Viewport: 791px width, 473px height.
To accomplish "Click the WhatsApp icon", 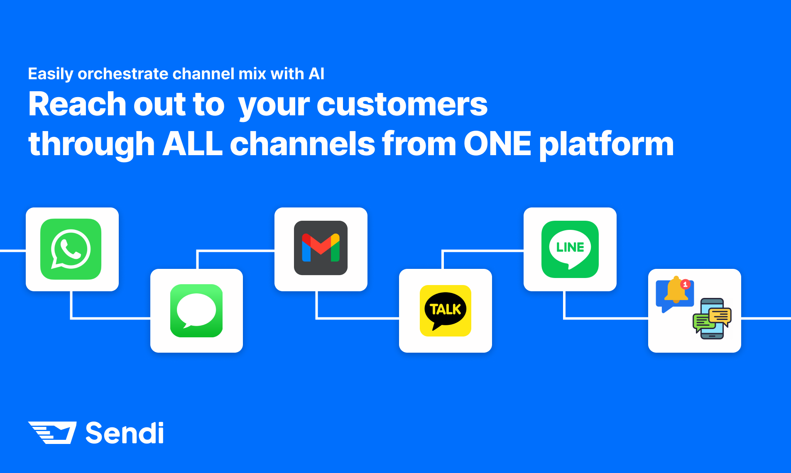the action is (71, 249).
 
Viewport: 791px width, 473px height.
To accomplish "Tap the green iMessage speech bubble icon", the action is (196, 311).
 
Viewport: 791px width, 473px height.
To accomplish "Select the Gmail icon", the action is (321, 248).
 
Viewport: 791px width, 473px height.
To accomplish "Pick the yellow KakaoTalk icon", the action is (446, 311).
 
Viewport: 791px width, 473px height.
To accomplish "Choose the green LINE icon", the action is (570, 249).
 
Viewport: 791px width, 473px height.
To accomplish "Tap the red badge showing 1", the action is (686, 284).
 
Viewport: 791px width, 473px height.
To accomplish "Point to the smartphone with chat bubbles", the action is (712, 319).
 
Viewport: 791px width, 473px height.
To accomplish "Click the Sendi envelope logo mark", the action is (52, 433).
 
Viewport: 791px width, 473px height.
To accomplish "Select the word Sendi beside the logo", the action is (125, 433).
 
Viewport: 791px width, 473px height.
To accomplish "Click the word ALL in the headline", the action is (193, 144).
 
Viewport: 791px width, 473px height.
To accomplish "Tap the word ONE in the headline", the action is (497, 144).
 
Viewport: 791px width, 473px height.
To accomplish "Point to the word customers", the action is (402, 104).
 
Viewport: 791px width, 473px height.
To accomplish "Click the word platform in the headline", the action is (607, 145).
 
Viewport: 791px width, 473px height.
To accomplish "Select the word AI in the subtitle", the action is (316, 74).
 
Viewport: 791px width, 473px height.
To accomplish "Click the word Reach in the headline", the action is (78, 104).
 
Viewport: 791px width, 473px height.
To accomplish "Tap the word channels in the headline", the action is (303, 144).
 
